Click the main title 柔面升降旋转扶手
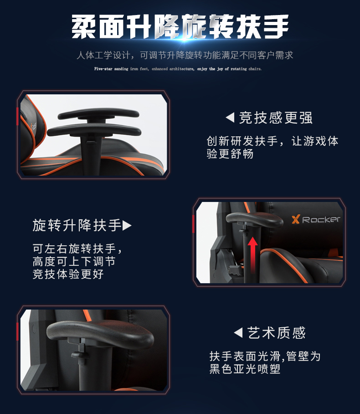[x=180, y=26]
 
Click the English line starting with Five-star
[x=178, y=69]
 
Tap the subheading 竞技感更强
[x=276, y=118]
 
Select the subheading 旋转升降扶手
[x=77, y=225]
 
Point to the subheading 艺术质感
[x=277, y=333]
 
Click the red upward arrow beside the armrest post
[x=252, y=255]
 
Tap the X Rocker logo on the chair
[x=316, y=219]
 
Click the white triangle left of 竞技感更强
[x=230, y=118]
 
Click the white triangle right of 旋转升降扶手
[x=127, y=226]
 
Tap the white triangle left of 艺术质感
[x=238, y=332]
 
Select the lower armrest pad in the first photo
[x=94, y=130]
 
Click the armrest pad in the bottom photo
[x=100, y=334]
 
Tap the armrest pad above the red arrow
[x=254, y=220]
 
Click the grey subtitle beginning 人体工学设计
[x=185, y=55]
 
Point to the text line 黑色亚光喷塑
[x=245, y=369]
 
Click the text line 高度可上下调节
[x=74, y=261]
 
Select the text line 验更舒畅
[x=230, y=154]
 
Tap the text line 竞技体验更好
[x=68, y=274]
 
